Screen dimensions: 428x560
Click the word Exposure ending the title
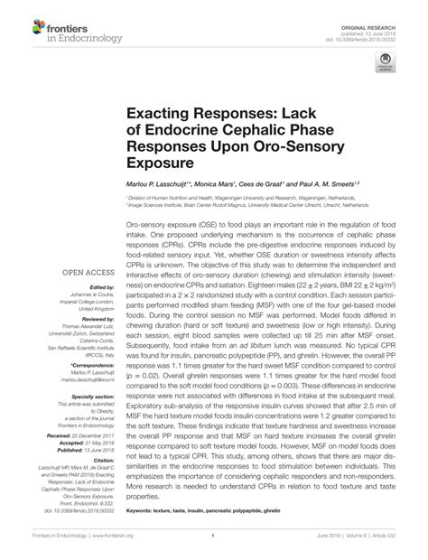(x=162, y=164)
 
